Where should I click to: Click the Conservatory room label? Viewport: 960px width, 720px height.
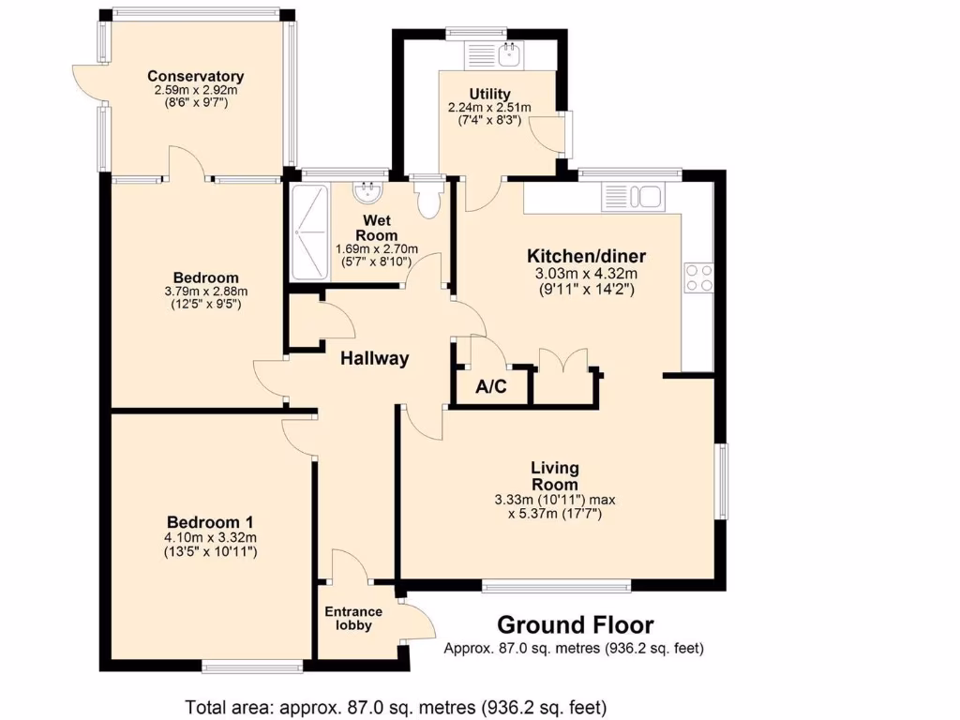pyautogui.click(x=195, y=77)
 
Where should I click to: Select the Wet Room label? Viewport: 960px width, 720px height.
pyautogui.click(x=376, y=228)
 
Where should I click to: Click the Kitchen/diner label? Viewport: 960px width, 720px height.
pyautogui.click(x=587, y=256)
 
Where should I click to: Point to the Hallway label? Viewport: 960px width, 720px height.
pyautogui.click(x=374, y=358)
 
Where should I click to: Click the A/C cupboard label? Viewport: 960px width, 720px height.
pyautogui.click(x=491, y=386)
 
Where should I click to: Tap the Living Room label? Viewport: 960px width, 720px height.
pyautogui.click(x=555, y=475)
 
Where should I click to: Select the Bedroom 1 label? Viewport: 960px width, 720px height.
pyautogui.click(x=210, y=522)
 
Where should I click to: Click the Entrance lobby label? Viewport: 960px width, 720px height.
pyautogui.click(x=353, y=619)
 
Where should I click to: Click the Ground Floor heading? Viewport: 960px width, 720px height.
pyautogui.click(x=575, y=624)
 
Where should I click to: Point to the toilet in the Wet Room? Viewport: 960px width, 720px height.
pyautogui.click(x=430, y=199)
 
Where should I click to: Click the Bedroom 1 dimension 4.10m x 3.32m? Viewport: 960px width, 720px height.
pyautogui.click(x=210, y=538)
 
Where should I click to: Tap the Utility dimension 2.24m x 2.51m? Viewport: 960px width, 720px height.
pyautogui.click(x=489, y=108)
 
